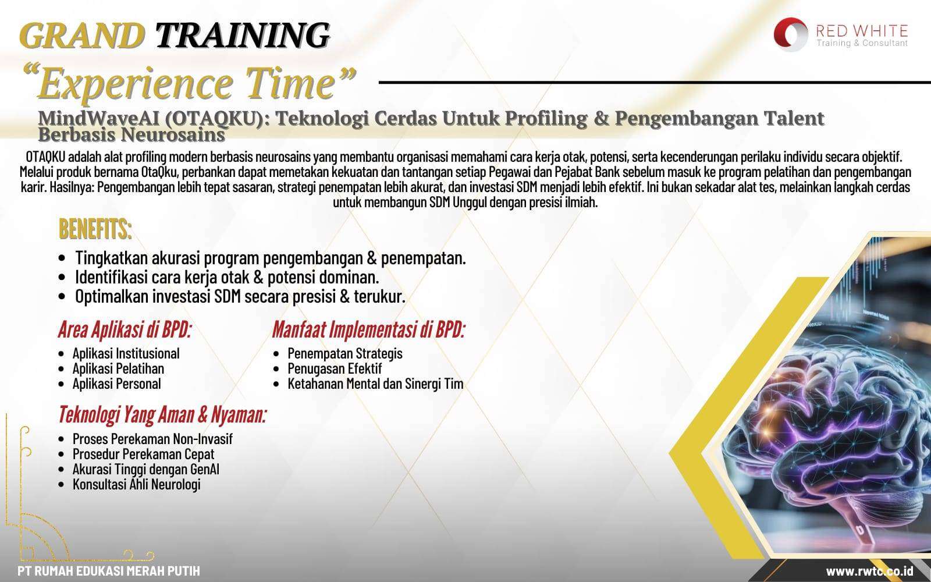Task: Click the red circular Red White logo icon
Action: tap(791, 34)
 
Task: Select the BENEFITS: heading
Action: tap(95, 229)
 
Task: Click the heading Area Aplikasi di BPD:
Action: tap(125, 329)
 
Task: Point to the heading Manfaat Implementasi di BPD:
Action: tap(369, 329)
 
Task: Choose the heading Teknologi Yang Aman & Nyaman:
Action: tap(162, 414)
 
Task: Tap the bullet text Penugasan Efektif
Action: tap(335, 369)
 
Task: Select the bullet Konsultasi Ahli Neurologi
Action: tap(136, 484)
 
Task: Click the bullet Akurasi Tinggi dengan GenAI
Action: tap(146, 469)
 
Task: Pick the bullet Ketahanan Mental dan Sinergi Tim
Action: tap(375, 384)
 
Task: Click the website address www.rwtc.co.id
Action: tap(869, 571)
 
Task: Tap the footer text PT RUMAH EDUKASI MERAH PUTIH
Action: tap(108, 571)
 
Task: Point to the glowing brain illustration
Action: tap(827, 432)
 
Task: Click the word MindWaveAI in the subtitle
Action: tap(99, 119)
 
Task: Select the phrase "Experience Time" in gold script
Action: tap(190, 83)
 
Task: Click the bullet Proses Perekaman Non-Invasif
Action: tap(152, 439)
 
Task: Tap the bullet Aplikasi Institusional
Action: tap(126, 354)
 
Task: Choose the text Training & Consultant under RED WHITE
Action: tap(862, 43)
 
